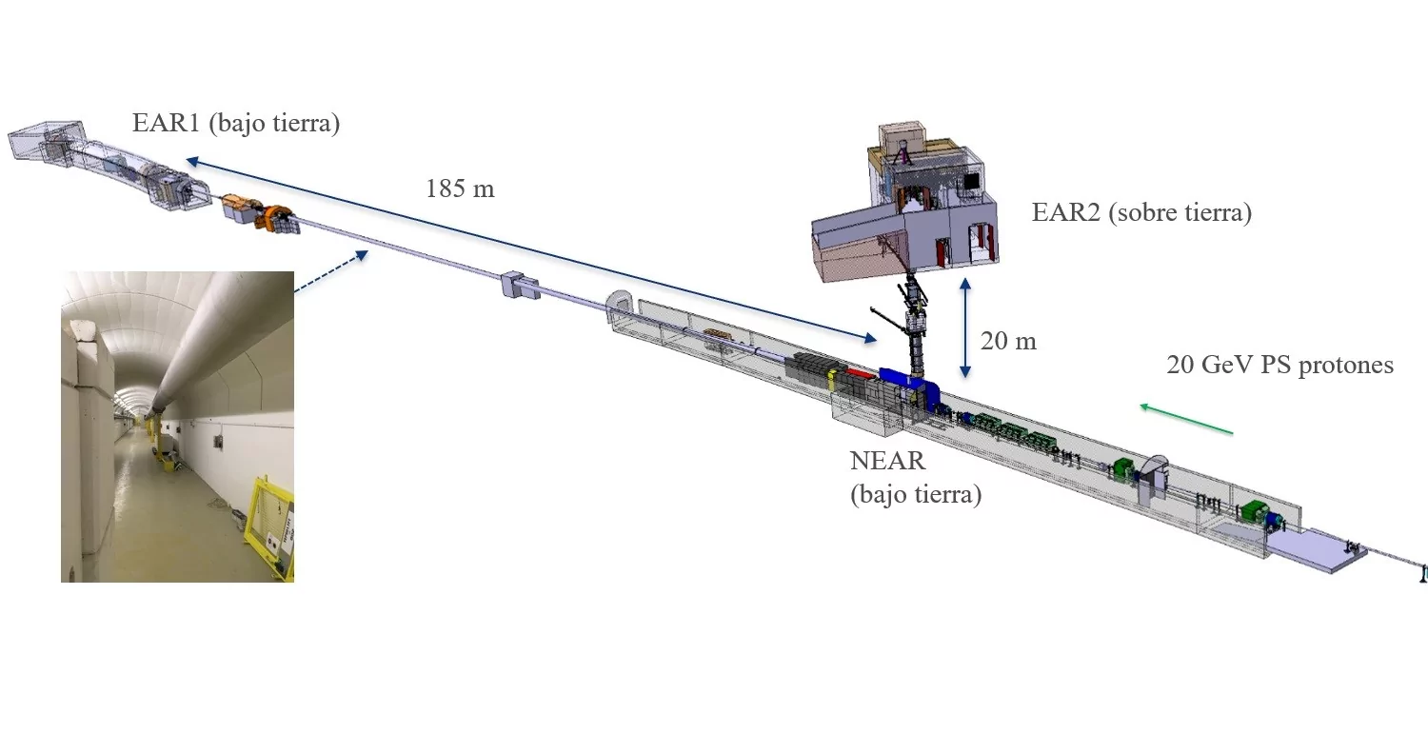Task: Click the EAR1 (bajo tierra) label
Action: point(236,123)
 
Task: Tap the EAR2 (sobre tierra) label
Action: point(1141,212)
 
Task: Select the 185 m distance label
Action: point(460,188)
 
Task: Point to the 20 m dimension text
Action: point(1008,341)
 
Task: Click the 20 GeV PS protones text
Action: point(1280,365)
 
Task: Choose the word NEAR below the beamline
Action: point(887,461)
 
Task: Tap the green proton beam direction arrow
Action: point(1186,419)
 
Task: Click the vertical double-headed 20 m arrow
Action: point(965,327)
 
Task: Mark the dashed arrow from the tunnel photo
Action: point(331,271)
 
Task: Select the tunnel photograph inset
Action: point(177,427)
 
